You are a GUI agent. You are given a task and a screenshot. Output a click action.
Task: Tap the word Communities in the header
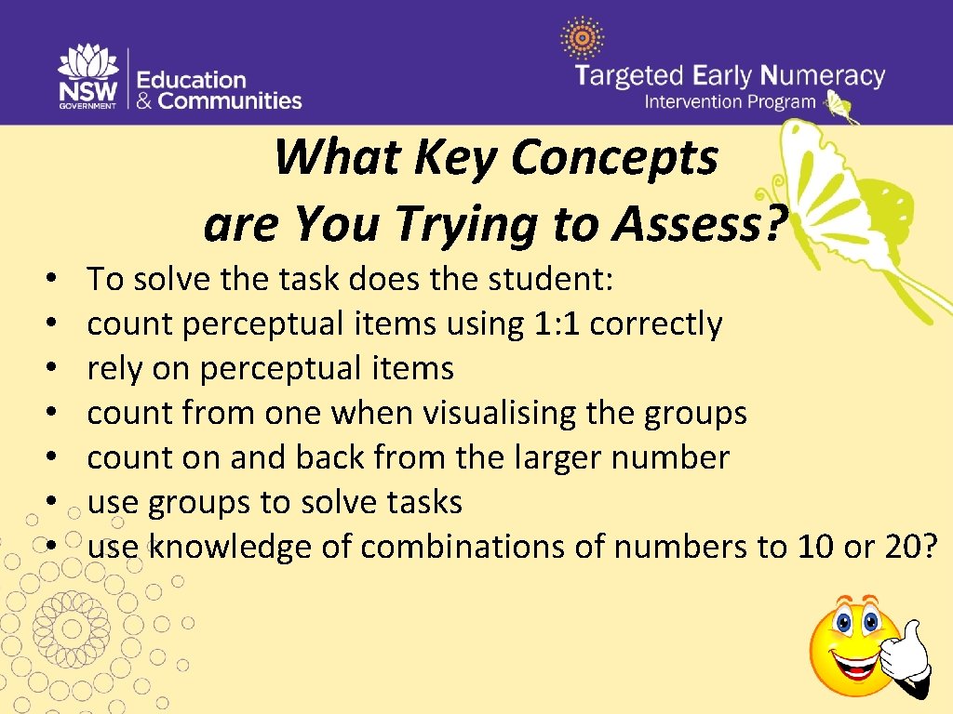click(231, 100)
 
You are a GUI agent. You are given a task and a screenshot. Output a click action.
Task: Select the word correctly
click(656, 324)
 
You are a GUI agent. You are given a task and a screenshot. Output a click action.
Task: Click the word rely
click(113, 369)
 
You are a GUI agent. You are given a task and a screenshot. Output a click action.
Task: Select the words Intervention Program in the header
click(731, 102)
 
